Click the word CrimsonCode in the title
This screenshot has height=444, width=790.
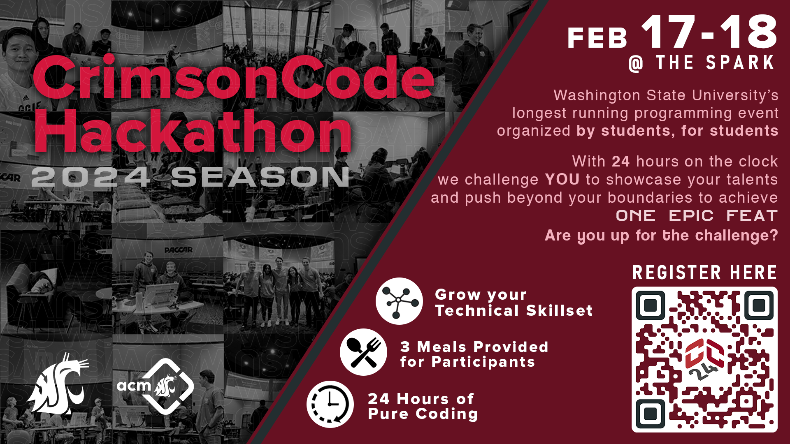(233, 78)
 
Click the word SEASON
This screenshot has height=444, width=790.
(260, 177)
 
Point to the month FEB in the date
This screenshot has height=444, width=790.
(597, 39)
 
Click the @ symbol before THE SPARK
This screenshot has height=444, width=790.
(636, 64)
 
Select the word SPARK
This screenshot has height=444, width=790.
(740, 63)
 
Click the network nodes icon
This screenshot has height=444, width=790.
(399, 301)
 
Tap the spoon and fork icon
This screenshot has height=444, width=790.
(364, 352)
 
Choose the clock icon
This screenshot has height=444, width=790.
(330, 404)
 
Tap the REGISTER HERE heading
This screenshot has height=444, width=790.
(704, 273)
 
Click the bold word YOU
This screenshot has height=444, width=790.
(562, 180)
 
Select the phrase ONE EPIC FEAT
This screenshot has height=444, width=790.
(696, 216)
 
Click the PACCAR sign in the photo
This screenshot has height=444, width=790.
(178, 250)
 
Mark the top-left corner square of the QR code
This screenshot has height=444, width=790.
(650, 305)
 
